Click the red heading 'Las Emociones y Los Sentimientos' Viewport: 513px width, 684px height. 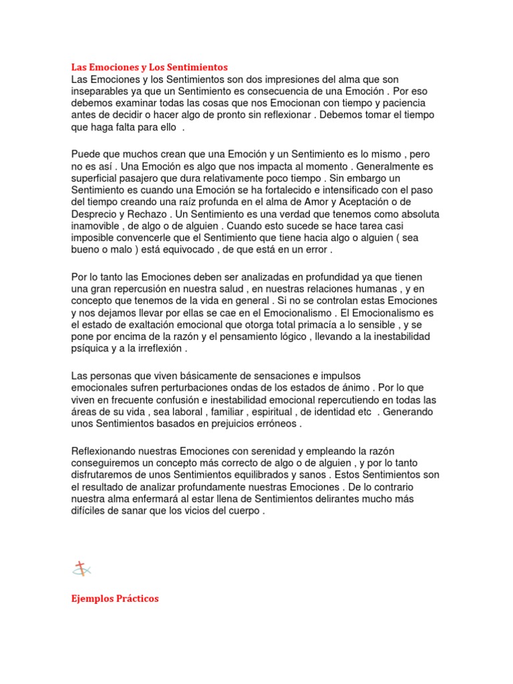point(150,67)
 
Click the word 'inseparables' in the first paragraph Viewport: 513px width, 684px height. point(100,92)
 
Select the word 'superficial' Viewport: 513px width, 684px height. point(96,178)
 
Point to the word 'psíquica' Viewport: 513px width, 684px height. point(91,349)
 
